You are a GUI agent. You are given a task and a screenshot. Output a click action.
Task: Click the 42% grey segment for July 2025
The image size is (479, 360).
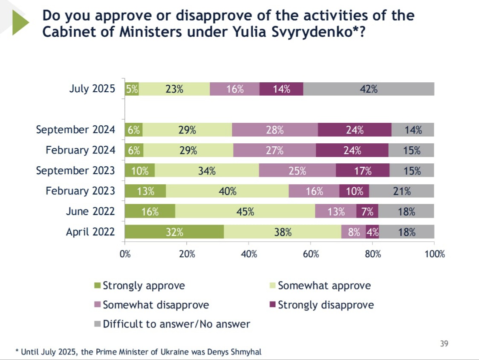click(369, 89)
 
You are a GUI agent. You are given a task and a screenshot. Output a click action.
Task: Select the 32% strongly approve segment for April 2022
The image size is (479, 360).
click(174, 232)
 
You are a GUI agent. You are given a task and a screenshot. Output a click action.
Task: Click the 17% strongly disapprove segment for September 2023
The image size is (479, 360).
click(363, 171)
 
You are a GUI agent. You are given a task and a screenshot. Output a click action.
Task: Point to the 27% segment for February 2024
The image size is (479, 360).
click(274, 150)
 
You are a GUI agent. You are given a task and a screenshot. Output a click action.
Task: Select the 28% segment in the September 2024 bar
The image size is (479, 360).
click(275, 130)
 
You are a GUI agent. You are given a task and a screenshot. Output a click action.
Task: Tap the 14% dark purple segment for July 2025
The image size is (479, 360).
click(281, 89)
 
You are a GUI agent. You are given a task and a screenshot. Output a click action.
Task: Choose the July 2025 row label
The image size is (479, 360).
click(92, 89)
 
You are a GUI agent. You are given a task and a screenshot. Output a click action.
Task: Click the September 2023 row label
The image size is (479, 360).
click(75, 171)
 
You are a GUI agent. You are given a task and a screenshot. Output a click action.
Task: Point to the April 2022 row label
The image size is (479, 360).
click(90, 232)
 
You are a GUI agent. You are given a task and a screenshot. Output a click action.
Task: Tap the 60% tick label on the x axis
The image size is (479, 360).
click(311, 255)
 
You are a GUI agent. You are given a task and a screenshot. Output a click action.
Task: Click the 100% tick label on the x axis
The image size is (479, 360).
click(435, 255)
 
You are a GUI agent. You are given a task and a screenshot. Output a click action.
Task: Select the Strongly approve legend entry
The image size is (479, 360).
click(143, 286)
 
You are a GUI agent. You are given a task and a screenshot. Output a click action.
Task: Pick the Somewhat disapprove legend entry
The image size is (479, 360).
click(155, 305)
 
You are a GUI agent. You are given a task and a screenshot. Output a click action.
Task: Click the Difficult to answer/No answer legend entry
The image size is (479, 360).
click(176, 324)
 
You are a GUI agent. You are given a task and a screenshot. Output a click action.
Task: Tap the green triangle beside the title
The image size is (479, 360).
click(20, 22)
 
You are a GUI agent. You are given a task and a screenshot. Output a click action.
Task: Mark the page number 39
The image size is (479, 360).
click(444, 343)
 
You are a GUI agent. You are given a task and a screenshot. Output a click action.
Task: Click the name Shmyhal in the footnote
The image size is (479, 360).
click(247, 352)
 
